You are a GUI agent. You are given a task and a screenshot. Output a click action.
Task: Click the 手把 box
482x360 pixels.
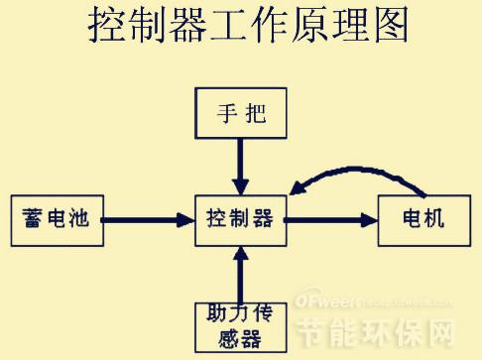(239, 114)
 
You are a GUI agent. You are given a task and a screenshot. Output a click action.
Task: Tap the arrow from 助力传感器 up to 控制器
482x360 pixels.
(239, 272)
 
